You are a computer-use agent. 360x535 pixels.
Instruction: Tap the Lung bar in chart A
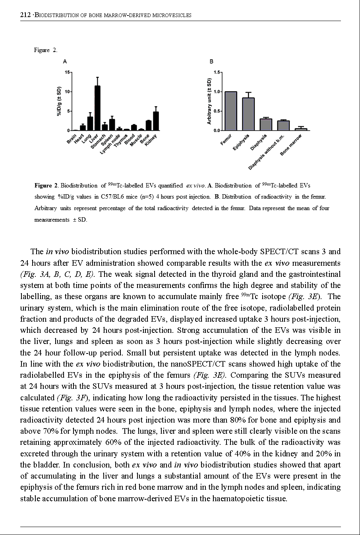coord(90,124)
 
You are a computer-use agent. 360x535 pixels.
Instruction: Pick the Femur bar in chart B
coord(231,111)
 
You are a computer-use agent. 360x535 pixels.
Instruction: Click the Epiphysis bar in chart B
coord(248,114)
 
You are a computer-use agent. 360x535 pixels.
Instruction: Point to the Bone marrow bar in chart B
coord(301,129)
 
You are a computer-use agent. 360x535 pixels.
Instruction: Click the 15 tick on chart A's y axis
coord(67,72)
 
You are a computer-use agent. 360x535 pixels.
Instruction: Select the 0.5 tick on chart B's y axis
coord(217,111)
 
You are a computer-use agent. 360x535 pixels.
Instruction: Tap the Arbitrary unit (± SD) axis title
coord(209,101)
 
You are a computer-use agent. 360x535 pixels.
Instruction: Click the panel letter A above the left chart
coord(65,62)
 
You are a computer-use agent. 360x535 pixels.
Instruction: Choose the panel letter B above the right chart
coord(211,62)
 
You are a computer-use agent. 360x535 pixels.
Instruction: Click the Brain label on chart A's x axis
coord(72,139)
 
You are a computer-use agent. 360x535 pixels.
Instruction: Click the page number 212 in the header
coord(25,15)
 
